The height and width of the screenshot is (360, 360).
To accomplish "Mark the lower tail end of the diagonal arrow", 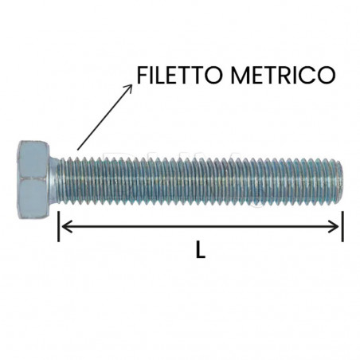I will [x=77, y=148].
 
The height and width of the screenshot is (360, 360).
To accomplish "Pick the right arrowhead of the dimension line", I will [x=337, y=226].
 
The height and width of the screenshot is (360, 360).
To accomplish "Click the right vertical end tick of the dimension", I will [x=342, y=225].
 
